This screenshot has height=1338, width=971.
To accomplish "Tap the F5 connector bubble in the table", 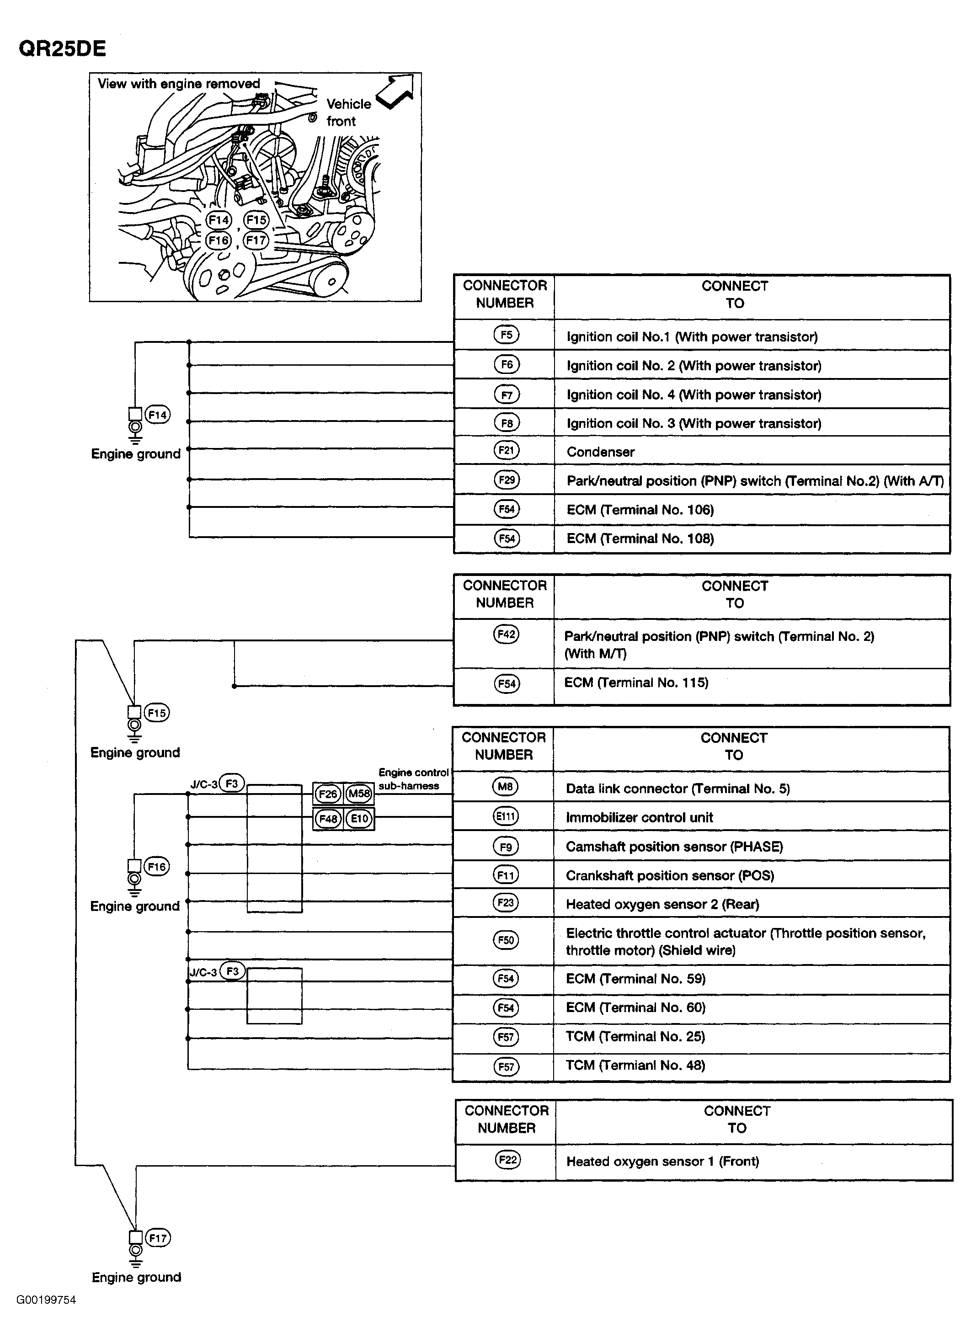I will pos(506,335).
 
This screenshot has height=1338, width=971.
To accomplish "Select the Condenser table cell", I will pos(601,452).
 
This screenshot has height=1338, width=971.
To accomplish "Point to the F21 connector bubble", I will pos(506,451).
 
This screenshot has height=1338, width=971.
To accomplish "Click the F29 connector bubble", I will pos(506,480).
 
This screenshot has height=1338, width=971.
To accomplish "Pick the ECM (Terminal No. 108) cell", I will pos(640,538).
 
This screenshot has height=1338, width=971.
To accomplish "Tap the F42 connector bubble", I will pos(506,635).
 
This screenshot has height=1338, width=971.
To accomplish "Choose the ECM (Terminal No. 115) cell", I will pos(636,682).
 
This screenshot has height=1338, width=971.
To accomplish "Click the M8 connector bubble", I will pos(505,786).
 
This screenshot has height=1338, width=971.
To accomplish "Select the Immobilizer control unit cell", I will pos(640,818).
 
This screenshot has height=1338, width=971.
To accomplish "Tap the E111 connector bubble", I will pos(505,816).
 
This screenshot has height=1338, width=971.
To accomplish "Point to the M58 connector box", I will pos(359,794).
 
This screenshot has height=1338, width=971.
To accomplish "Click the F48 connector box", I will pos(327,819).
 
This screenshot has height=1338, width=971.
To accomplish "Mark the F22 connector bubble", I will pos(507,1160).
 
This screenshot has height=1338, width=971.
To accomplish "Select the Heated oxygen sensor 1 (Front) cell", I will pos(662,1162).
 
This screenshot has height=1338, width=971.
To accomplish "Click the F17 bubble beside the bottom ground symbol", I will pos(158,1238).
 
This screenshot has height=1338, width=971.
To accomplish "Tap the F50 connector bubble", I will pos(506,940).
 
